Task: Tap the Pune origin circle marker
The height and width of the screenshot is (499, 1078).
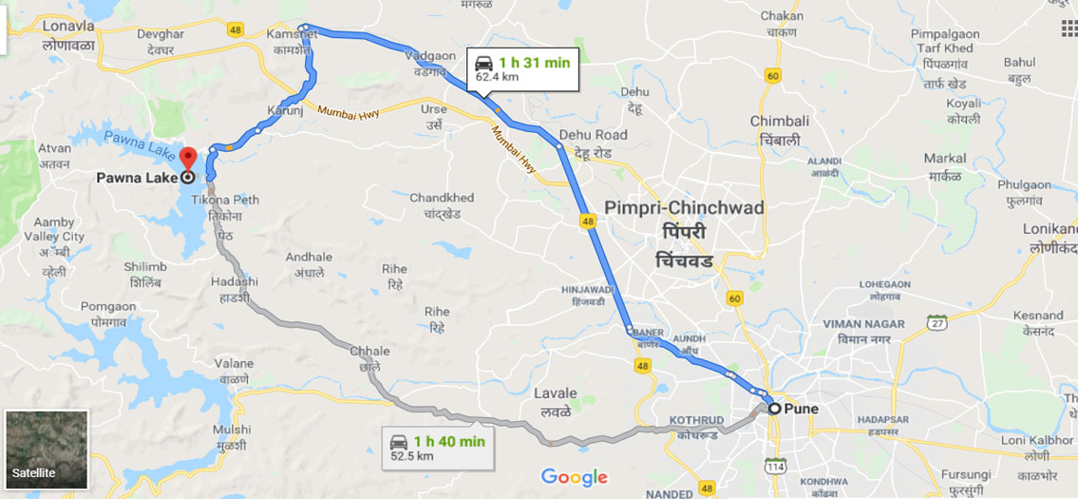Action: [x=774, y=409]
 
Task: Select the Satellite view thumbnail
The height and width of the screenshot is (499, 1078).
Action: [x=47, y=450]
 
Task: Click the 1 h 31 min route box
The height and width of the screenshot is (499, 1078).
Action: [x=522, y=67]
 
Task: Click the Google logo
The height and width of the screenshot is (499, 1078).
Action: [x=574, y=477]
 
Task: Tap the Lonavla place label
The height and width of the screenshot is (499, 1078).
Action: [x=68, y=28]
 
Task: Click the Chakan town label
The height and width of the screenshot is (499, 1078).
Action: [x=782, y=15]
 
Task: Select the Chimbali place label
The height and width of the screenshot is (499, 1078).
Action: [x=779, y=121]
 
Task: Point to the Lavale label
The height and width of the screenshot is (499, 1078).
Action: [x=555, y=393]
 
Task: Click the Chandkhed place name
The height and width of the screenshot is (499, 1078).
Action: [x=442, y=198]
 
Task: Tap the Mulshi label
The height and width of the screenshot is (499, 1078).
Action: [x=233, y=429]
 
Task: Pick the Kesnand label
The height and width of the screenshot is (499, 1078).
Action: [x=1038, y=315]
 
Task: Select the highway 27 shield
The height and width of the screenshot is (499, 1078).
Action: [x=937, y=322]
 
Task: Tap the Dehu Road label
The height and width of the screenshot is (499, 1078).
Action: [x=594, y=135]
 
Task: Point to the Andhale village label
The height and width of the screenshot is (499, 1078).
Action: [x=309, y=257]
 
